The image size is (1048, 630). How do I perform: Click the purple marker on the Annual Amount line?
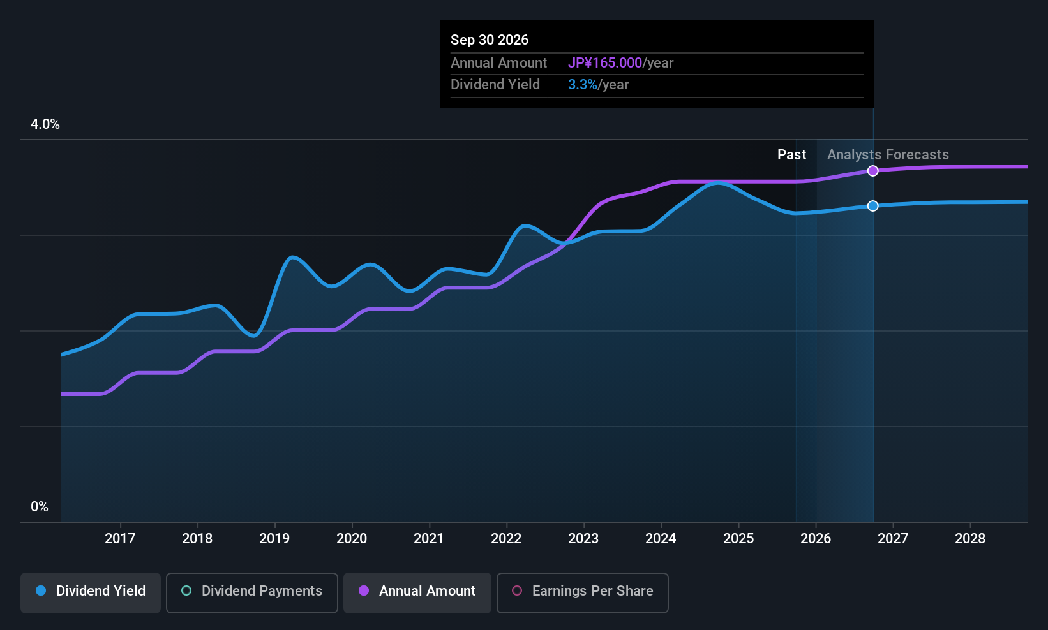tap(872, 171)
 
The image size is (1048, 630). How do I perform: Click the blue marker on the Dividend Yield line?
tap(872, 205)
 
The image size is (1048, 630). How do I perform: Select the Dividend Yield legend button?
tap(90, 592)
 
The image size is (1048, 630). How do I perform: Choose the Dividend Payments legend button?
tap(251, 592)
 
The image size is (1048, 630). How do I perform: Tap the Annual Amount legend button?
tap(417, 592)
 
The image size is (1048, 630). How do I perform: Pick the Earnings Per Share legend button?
tap(583, 592)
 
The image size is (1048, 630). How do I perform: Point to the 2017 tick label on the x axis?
tap(120, 538)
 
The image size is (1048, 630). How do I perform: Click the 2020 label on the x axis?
tap(352, 538)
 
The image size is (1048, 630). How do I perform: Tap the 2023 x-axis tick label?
tap(583, 538)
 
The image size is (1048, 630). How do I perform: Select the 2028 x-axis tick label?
tap(970, 538)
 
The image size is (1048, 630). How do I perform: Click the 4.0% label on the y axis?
tap(45, 124)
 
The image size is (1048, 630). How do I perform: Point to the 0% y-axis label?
tap(40, 507)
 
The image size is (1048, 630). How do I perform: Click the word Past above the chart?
tap(791, 155)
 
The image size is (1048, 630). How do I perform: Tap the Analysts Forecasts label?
tap(888, 155)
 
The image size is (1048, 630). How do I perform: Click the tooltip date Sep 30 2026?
tap(490, 40)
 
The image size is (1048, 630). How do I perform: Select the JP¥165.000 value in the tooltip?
tap(605, 62)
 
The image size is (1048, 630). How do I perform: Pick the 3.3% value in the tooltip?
tap(583, 85)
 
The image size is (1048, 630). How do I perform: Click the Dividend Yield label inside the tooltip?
tap(495, 85)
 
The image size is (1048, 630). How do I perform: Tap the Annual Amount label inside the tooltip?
tap(498, 62)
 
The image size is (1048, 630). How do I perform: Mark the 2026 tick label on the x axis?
tap(816, 538)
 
